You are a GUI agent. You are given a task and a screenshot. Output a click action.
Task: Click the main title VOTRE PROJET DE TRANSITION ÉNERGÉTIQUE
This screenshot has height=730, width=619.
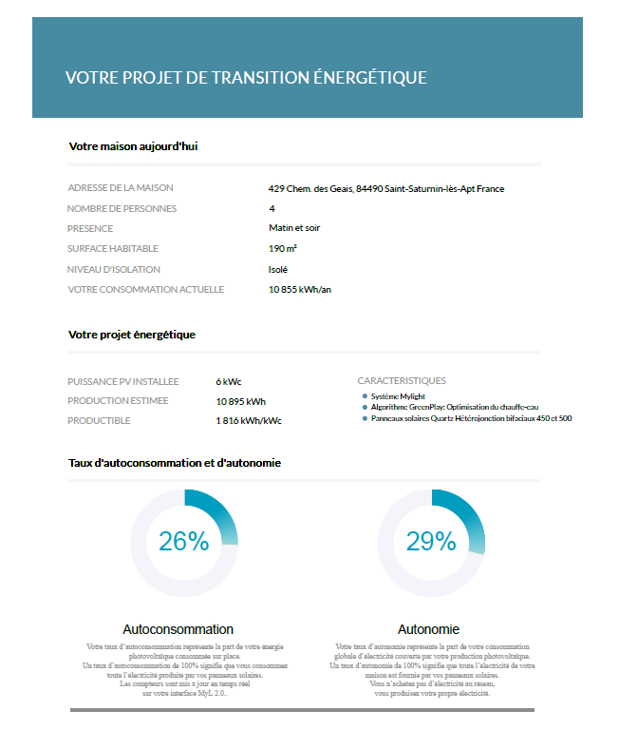point(246,78)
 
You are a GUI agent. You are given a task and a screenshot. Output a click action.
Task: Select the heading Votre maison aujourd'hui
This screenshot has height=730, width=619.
point(133,146)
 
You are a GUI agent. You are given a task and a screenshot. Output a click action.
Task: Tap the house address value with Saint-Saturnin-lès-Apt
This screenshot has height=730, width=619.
point(386,188)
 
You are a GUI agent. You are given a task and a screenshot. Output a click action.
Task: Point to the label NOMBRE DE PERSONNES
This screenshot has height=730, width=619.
point(122,208)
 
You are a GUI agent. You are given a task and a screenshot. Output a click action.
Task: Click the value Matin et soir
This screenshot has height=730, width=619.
point(295,228)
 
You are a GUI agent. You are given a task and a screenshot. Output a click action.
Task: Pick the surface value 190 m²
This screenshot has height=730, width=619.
point(283,249)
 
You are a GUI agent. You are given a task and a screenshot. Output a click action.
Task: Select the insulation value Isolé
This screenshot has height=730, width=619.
point(278,269)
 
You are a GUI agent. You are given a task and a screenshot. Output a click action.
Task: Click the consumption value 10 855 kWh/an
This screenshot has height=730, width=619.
point(300,289)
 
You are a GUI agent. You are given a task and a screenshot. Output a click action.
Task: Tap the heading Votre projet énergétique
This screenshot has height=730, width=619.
point(132,335)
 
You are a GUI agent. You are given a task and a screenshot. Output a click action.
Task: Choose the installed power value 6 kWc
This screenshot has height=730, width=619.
point(230,381)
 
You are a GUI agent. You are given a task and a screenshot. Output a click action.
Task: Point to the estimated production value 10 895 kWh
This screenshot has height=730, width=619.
point(241,401)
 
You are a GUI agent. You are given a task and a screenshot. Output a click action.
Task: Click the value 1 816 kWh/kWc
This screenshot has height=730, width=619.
point(249,421)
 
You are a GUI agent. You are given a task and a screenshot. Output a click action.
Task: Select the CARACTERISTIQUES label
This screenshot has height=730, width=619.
point(402,381)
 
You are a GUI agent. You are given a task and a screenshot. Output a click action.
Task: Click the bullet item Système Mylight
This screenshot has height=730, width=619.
point(399,396)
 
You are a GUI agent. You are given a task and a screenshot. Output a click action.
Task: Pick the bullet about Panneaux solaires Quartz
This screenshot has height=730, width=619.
point(471,418)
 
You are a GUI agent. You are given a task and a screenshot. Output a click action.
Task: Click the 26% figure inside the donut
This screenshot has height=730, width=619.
point(183,541)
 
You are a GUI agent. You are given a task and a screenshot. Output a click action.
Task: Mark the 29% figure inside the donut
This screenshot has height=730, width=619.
point(431,541)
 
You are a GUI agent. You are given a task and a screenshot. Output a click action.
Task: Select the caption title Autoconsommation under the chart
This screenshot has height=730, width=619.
point(178,629)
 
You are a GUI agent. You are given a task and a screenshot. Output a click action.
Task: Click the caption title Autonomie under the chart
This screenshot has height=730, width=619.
point(428,629)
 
